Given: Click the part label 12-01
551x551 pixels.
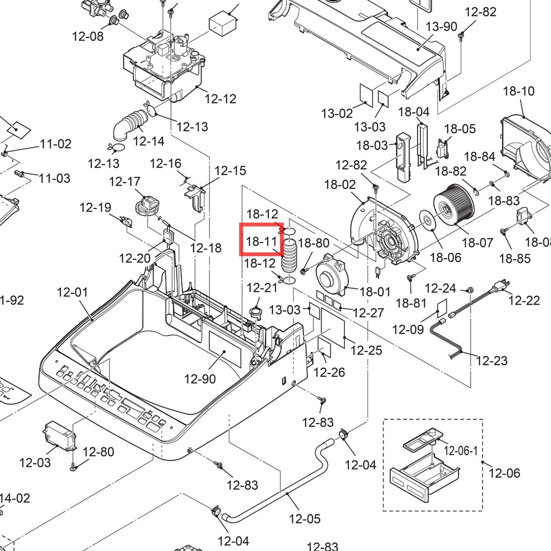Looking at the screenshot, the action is click(72, 292).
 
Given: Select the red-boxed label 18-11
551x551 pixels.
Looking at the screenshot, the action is click(261, 241).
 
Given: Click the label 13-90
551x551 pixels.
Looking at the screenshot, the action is click(441, 26).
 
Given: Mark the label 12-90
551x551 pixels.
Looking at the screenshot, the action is click(200, 379).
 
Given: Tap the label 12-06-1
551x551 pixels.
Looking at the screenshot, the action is click(461, 451).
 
